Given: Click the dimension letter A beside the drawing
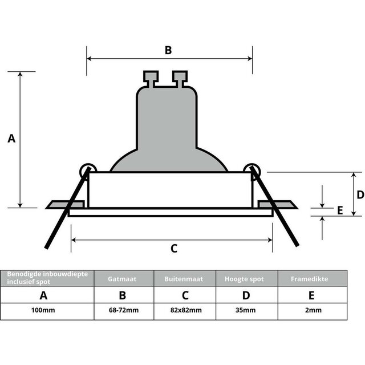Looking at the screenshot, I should [x=11, y=139].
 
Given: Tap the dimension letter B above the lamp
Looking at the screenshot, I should [x=168, y=50].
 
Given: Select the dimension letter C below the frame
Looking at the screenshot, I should [x=174, y=248].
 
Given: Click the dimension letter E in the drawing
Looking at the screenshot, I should [x=340, y=210].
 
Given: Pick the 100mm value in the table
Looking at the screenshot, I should [x=43, y=310].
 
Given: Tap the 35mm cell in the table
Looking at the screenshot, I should [x=246, y=310].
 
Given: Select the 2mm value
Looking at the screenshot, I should [x=311, y=310].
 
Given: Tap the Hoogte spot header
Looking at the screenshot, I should [x=246, y=279].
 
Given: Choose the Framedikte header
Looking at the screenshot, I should [x=311, y=279].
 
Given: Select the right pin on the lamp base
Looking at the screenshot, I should [x=180, y=78].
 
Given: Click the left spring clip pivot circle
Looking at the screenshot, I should [x=87, y=170].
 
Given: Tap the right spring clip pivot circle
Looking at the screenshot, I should [x=252, y=170].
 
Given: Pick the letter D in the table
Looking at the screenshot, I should [x=246, y=295].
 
